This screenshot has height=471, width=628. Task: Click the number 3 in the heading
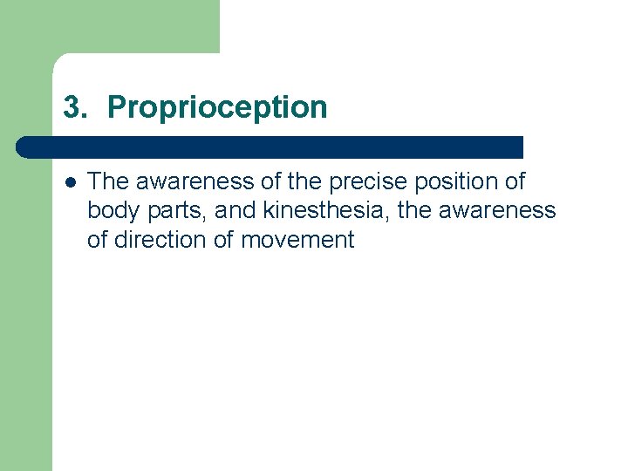(x=72, y=108)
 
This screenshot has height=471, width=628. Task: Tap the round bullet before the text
(x=69, y=182)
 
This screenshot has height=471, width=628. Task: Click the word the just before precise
(x=290, y=181)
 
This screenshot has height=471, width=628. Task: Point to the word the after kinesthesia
(x=415, y=211)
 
